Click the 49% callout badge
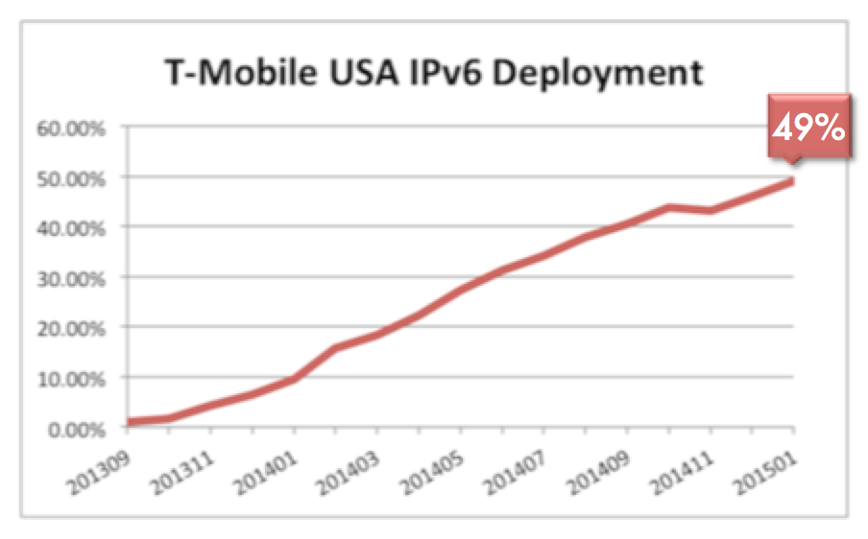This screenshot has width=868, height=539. pyautogui.click(x=808, y=128)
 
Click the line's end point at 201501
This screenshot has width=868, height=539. pyautogui.click(x=793, y=181)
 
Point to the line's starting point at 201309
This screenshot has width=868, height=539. pyautogui.click(x=130, y=422)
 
